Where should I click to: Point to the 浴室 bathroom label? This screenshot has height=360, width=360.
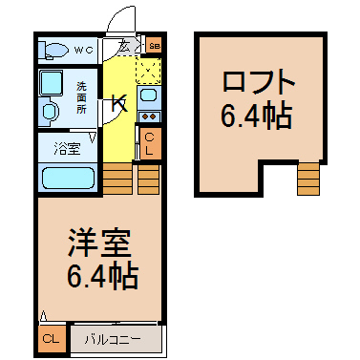click(66, 149)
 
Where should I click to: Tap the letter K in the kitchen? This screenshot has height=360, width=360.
click(118, 103)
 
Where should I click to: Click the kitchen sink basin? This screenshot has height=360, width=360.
click(148, 95)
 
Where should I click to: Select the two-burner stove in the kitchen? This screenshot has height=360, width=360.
click(149, 117)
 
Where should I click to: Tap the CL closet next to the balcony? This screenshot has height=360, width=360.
click(52, 338)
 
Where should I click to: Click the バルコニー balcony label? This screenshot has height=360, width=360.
click(111, 338)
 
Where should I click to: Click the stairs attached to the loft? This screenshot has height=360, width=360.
click(308, 178)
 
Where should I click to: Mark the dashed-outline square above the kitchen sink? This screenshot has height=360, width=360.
click(148, 70)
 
